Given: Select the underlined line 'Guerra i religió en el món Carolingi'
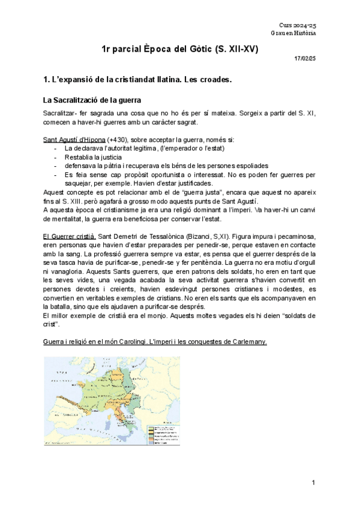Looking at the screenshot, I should tap(155, 342).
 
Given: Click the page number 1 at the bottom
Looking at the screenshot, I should tap(314, 483).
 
